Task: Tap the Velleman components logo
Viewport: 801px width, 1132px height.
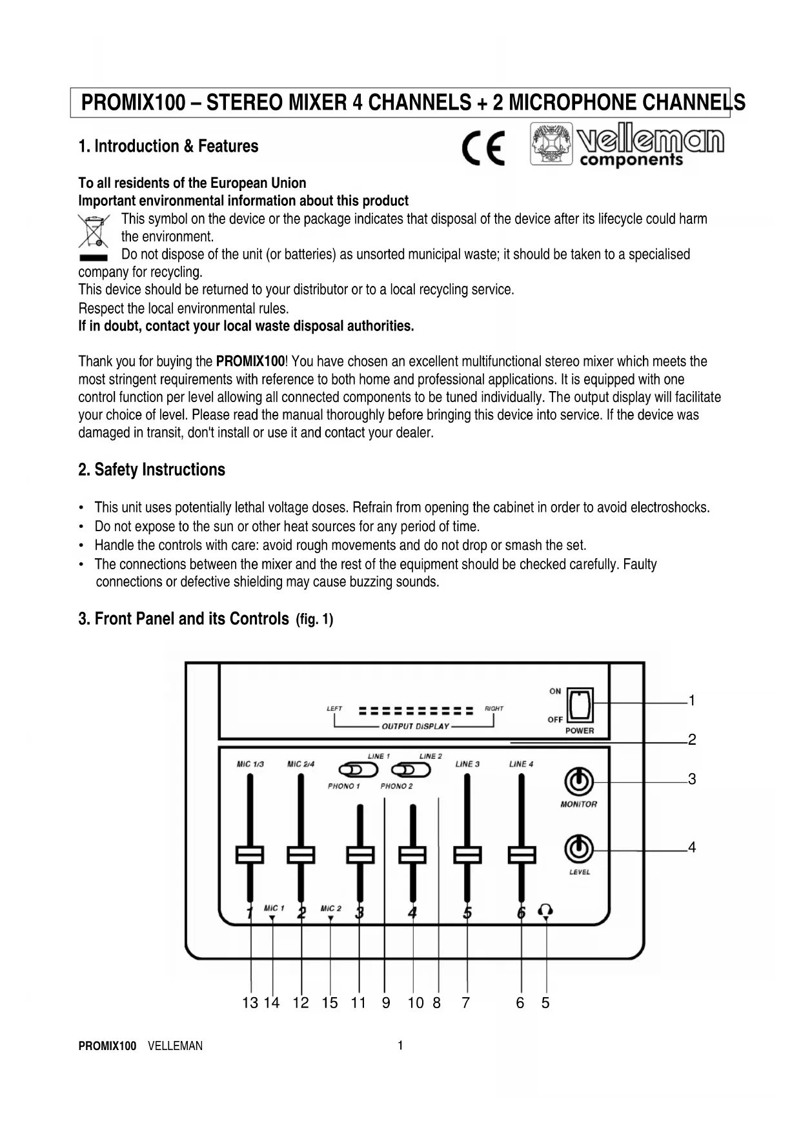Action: pos(627,145)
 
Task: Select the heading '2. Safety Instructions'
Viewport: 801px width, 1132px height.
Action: pos(152,470)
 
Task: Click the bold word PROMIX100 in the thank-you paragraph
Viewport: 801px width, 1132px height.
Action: pos(250,361)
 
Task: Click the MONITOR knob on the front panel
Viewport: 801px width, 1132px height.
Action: pos(579,782)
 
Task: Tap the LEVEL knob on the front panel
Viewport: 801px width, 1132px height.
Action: pos(579,849)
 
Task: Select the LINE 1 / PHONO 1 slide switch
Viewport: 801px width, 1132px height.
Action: pos(358,770)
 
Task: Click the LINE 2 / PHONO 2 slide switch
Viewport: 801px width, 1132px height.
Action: pos(411,770)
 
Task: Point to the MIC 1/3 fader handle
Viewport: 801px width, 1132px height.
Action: pos(249,854)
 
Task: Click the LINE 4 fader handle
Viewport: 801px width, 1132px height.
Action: pos(522,854)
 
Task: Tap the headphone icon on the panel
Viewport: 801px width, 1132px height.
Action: pos(545,910)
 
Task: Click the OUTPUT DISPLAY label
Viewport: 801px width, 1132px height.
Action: pos(415,726)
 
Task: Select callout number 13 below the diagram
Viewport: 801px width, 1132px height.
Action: pos(250,1003)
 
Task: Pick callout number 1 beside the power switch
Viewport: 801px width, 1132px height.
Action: pos(692,701)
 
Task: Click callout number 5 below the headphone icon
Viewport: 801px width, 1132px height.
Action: pos(545,1003)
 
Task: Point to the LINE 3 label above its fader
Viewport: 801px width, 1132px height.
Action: pos(467,764)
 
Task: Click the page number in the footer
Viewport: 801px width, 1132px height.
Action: pos(400,1046)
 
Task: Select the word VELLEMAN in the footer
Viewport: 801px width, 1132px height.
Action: pos(175,1046)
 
